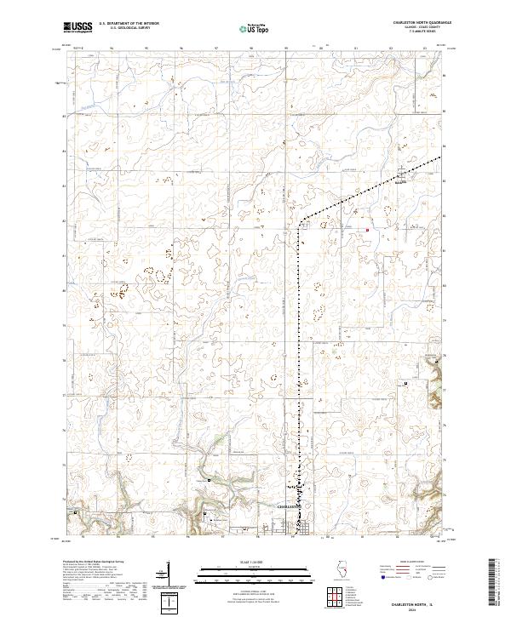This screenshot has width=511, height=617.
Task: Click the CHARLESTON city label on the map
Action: coord(290,506)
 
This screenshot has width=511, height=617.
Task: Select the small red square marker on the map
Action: coord(367,229)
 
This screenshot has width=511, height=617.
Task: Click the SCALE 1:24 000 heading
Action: coord(255,563)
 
